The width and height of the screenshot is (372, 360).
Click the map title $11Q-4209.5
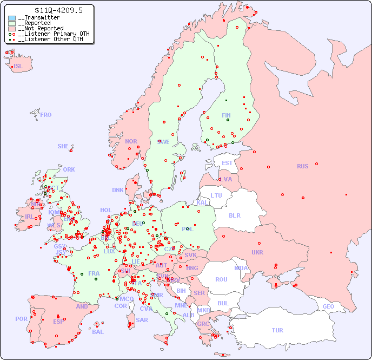50,10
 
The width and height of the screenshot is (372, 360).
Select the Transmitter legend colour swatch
12,18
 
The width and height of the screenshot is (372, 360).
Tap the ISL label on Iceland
18,67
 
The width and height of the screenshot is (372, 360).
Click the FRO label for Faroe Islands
46,115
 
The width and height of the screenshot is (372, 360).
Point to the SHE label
63,146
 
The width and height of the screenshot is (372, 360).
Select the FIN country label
226,115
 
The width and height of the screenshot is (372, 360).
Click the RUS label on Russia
302,166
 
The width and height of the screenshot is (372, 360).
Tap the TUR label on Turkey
277,330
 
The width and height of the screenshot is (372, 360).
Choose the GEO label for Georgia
328,306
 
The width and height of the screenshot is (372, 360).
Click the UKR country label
257,252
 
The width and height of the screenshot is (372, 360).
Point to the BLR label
234,215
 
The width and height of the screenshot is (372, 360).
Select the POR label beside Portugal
21,319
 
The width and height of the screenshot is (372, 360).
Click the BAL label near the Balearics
98,332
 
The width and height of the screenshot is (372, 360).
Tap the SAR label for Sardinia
142,320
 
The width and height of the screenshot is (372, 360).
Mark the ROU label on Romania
221,279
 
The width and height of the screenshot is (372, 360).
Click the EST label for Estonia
227,163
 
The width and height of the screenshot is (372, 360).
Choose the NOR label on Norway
131,141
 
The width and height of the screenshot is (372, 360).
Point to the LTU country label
216,195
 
